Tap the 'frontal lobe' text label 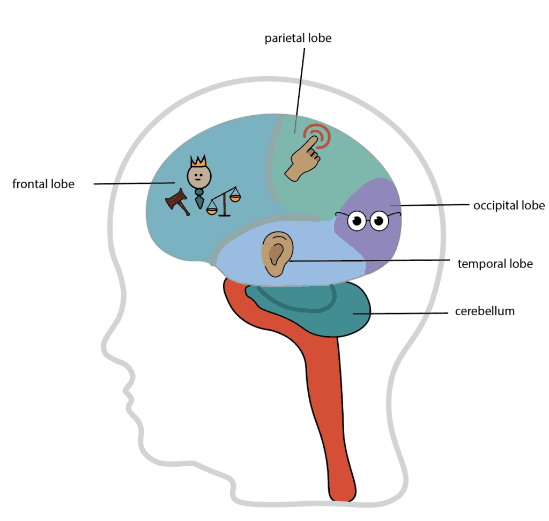pos(43,184)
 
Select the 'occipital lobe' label pos(509,205)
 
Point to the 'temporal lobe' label pos(495,263)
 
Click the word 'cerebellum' pos(485,311)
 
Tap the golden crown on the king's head pos(198,161)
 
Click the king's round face pos(197,175)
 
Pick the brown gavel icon pos(178,201)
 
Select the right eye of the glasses pos(380,221)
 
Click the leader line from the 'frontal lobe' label pos(134,183)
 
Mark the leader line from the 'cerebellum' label pos(407,313)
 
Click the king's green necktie pos(199,199)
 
